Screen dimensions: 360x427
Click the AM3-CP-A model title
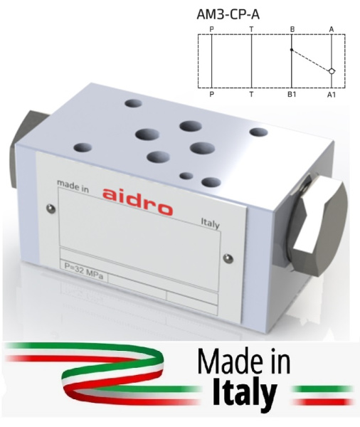click(x=228, y=14)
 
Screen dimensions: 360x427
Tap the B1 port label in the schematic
click(x=292, y=95)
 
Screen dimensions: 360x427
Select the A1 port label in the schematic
click(x=332, y=95)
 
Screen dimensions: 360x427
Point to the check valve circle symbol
click(x=332, y=71)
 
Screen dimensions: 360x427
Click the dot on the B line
click(x=292, y=50)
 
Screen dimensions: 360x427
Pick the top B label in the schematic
click(x=292, y=29)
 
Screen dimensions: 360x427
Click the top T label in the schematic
click(x=251, y=29)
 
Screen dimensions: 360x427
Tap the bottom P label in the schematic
click(x=211, y=95)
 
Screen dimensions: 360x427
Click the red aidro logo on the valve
click(x=137, y=202)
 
